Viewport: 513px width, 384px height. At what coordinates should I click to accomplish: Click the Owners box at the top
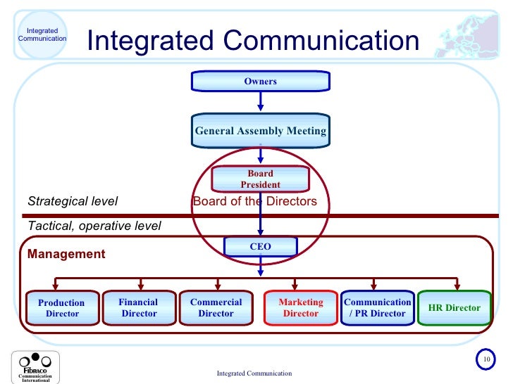260,82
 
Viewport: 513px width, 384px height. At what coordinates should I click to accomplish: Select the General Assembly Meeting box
260,131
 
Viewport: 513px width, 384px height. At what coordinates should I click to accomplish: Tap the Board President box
260,179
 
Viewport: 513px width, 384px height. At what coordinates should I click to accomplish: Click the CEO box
260,247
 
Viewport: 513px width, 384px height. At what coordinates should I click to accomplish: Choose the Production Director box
62,308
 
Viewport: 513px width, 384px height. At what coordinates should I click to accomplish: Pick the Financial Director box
139,308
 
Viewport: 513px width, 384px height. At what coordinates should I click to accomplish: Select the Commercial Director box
216,308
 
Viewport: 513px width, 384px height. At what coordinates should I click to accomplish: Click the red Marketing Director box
300,308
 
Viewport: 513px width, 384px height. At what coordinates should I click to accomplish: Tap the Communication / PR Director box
377,308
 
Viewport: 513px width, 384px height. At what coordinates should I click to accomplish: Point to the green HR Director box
454,308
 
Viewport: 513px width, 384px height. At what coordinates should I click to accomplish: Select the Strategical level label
73,202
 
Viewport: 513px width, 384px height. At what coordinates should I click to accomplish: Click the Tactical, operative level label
94,226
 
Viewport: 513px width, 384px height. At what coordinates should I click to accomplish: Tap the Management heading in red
66,253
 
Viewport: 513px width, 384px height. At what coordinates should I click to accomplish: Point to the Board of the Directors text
254,202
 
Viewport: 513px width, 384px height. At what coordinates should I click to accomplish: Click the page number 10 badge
486,359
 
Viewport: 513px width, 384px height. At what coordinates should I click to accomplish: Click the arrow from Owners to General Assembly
260,101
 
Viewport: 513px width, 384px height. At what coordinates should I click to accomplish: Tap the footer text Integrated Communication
254,373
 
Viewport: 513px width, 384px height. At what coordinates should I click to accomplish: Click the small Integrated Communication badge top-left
42,34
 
